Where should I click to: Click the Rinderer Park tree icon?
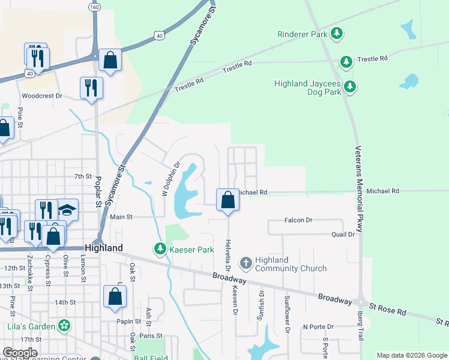click(338, 34)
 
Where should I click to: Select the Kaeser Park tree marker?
click(160, 248)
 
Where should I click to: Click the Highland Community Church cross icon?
click(246, 263)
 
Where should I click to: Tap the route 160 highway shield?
click(94, 7)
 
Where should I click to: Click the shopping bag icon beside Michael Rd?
click(228, 200)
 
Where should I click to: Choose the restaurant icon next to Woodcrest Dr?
click(91, 88)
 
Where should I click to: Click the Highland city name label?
click(104, 248)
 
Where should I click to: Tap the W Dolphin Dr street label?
click(170, 178)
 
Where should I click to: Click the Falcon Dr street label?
click(301, 220)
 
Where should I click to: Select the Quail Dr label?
click(343, 235)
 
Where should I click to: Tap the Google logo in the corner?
click(20, 353)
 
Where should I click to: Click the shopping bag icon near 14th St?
click(115, 297)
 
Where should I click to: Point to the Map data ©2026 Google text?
click(412, 355)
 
